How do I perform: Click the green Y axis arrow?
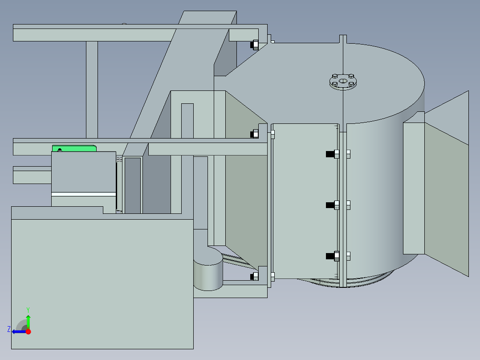[x=28, y=320]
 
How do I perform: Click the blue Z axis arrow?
[x=17, y=331]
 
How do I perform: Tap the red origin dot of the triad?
[x=28, y=331]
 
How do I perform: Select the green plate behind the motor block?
[x=74, y=148]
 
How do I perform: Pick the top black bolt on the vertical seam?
[x=330, y=154]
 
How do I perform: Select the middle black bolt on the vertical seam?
[x=330, y=205]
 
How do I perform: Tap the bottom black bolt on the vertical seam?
[x=330, y=256]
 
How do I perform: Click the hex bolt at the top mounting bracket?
[x=255, y=45]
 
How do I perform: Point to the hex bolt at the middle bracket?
[x=255, y=134]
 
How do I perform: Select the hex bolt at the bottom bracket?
[x=254, y=277]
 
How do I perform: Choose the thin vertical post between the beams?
[x=92, y=89]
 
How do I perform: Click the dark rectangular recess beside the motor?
[x=133, y=185]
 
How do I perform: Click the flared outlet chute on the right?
[x=445, y=187]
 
